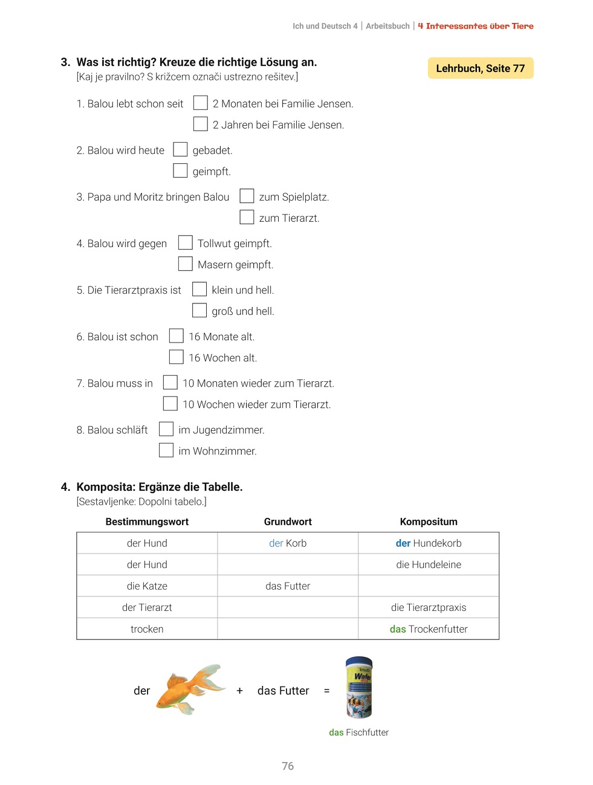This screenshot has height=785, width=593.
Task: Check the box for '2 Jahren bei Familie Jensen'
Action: click(200, 124)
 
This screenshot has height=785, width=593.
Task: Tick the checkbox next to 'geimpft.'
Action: click(180, 170)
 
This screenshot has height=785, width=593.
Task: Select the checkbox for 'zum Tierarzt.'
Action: click(247, 217)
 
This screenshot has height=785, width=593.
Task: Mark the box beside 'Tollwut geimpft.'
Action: click(185, 242)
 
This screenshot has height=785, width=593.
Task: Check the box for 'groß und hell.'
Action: click(199, 310)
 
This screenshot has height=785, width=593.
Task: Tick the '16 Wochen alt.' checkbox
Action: click(176, 357)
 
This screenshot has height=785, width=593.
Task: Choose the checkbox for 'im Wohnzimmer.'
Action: click(166, 450)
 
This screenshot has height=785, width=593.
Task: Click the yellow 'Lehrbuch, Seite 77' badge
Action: click(481, 68)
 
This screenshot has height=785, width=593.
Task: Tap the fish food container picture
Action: click(359, 687)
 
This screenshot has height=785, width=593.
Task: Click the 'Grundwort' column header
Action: click(288, 522)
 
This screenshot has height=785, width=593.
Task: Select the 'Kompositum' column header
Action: click(429, 522)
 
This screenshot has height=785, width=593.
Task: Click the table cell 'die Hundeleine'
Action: click(429, 564)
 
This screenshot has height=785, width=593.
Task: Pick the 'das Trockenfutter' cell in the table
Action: click(429, 629)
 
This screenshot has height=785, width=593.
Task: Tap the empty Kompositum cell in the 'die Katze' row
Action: click(429, 586)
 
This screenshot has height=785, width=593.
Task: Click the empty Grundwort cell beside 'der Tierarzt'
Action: click(288, 607)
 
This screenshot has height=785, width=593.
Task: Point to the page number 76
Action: click(288, 766)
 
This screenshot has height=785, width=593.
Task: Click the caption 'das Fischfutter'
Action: click(358, 732)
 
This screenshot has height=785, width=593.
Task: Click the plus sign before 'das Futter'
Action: click(240, 691)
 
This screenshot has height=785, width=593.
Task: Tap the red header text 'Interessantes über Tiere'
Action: click(479, 26)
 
